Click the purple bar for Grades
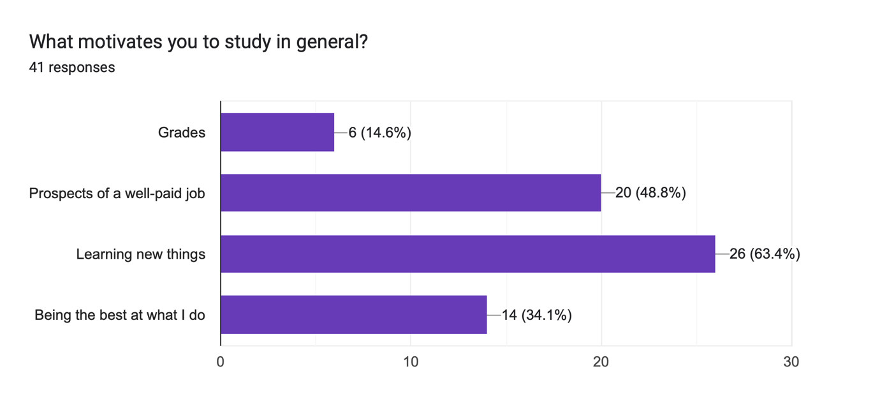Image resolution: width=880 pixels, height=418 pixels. [277, 133]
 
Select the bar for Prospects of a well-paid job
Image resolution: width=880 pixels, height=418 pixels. [411, 192]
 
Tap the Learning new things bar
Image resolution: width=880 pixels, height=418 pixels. [467, 254]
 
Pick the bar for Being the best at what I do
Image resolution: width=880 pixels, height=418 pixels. [353, 315]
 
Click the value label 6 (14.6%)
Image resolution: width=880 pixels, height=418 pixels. [380, 133]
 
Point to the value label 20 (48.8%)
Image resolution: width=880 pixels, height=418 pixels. [650, 192]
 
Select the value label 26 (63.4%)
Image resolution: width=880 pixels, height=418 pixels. [765, 254]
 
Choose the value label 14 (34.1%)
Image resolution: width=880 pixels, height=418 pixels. [536, 315]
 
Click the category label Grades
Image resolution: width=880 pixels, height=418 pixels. [182, 133]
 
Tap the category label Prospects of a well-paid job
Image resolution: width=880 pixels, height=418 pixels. [117, 192]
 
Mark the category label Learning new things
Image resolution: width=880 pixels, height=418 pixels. [141, 254]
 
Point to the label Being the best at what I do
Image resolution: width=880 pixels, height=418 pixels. [120, 315]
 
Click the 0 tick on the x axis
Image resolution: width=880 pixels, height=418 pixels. [221, 362]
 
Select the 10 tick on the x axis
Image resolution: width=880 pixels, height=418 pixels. [411, 362]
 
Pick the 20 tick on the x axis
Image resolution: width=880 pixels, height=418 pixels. [601, 362]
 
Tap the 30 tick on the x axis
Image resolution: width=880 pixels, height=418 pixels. [791, 362]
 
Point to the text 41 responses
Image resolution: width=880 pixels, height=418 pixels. [72, 67]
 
